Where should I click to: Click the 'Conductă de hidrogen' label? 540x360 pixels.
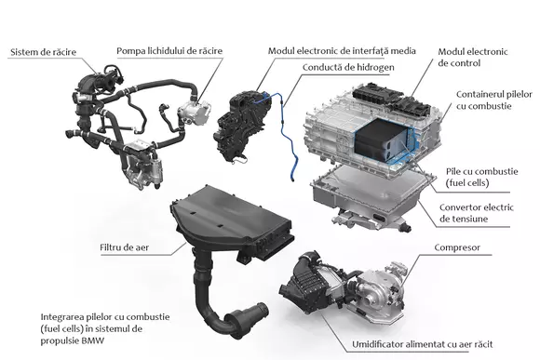[346, 67]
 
